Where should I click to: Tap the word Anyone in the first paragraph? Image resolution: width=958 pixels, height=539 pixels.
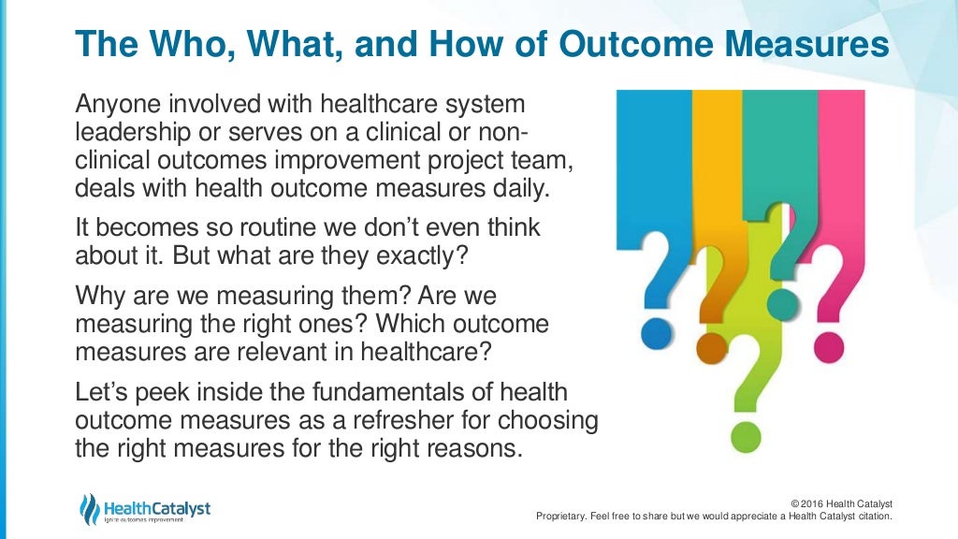117,105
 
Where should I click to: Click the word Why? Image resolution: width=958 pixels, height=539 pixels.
96,299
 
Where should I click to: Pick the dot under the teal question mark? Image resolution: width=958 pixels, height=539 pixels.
782,305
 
